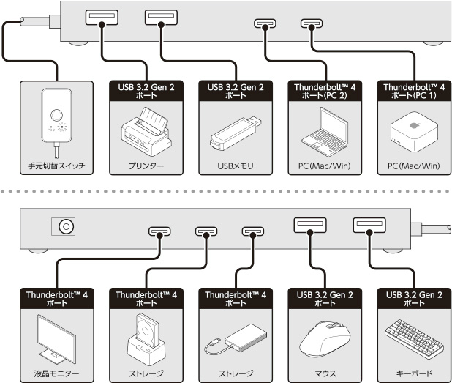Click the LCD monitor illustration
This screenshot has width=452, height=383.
[56, 336]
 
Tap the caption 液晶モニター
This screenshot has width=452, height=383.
[56, 373]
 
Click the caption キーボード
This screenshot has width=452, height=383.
[413, 373]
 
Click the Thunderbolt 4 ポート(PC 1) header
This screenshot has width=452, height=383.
[413, 90]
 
